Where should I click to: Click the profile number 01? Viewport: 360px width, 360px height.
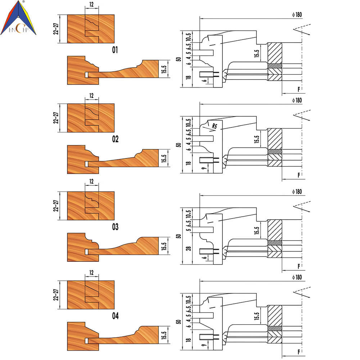(x=115, y=50)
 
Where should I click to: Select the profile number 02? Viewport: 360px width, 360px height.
(x=115, y=139)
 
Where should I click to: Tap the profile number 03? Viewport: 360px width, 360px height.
(x=115, y=227)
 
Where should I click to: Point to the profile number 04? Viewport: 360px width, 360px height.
(x=115, y=316)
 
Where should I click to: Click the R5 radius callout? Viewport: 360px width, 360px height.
(x=214, y=126)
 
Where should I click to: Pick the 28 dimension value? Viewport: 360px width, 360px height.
(x=189, y=248)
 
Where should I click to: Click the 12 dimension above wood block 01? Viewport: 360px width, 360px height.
(x=91, y=4)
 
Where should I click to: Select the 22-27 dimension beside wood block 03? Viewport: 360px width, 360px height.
(x=56, y=206)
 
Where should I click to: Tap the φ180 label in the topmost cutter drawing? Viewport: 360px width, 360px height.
(x=297, y=15)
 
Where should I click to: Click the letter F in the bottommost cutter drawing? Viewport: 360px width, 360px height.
(x=299, y=352)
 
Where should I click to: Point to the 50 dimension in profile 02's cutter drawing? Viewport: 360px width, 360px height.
(x=179, y=145)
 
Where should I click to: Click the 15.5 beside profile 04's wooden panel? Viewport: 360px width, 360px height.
(x=164, y=335)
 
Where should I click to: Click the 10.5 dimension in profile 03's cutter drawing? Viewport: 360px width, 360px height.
(x=188, y=214)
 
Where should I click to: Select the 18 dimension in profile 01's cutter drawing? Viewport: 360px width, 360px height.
(x=189, y=77)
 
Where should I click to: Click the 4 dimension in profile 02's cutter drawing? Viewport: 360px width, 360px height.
(x=189, y=144)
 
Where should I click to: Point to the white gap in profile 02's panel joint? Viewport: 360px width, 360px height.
(x=86, y=164)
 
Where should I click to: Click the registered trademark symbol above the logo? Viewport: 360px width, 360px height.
(x=23, y=1)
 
